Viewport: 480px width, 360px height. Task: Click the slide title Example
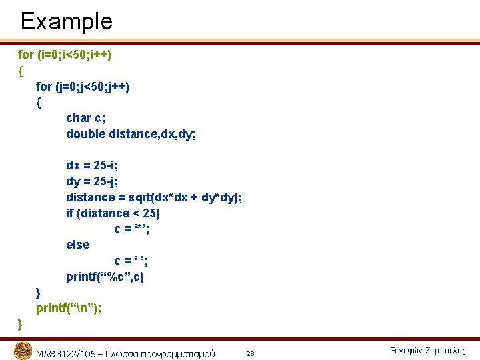coord(66,21)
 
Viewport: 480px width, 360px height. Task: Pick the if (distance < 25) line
coord(113,213)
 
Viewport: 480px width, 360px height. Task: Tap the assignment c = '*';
coord(131,229)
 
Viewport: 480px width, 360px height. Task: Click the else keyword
coord(77,245)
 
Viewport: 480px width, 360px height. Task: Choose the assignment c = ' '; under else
coord(131,261)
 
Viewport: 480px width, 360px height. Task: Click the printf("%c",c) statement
coord(105,277)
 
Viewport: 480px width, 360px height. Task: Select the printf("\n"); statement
coord(69,308)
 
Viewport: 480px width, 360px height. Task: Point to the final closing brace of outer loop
coord(20,324)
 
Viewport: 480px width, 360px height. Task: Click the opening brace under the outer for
coord(21,70)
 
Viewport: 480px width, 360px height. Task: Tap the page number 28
coord(251,353)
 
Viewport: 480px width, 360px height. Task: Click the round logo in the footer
coord(23,351)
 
